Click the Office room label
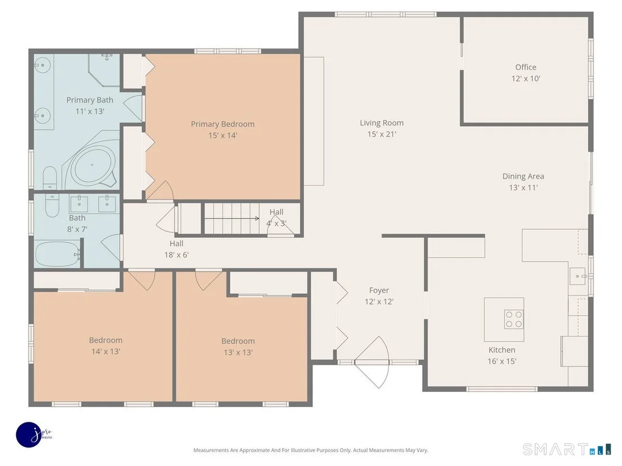pyautogui.click(x=525, y=67)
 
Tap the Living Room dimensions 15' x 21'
pyautogui.click(x=382, y=135)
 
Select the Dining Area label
pyautogui.click(x=523, y=176)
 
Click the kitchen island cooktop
pyautogui.click(x=514, y=320)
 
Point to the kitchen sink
pyautogui.click(x=578, y=276)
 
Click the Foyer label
pyautogui.click(x=379, y=290)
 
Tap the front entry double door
pyautogui.click(x=372, y=362)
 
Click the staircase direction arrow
pyautogui.click(x=232, y=218)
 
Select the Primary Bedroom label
pyautogui.click(x=222, y=124)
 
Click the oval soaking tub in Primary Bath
pyautogui.click(x=94, y=164)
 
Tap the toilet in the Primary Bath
pyautogui.click(x=50, y=178)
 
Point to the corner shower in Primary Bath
pyautogui.click(x=104, y=70)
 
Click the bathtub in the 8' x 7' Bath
pyautogui.click(x=57, y=254)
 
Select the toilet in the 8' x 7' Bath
pyautogui.click(x=52, y=205)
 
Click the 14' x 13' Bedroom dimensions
pyautogui.click(x=106, y=352)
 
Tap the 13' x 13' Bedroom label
pyautogui.click(x=238, y=341)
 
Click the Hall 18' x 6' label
pyautogui.click(x=176, y=249)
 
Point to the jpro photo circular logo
pyautogui.click(x=29, y=435)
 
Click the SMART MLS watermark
pyautogui.click(x=567, y=449)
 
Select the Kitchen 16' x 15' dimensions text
pyautogui.click(x=502, y=361)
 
